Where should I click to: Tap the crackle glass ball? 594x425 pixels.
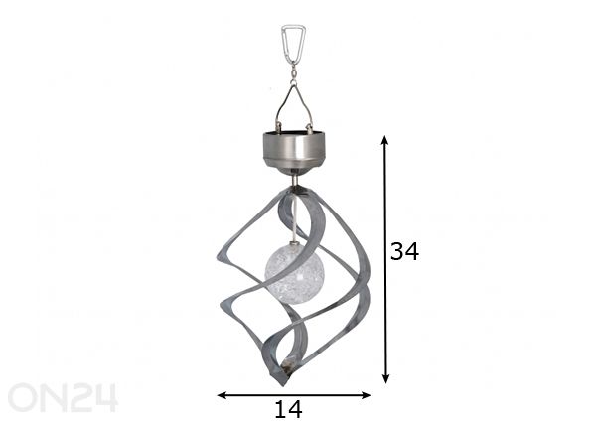pyautogui.click(x=295, y=273)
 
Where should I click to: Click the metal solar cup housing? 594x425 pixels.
pyautogui.click(x=294, y=151)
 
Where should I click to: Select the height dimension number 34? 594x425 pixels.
pyautogui.click(x=404, y=251)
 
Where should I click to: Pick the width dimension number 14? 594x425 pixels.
pyautogui.click(x=288, y=409)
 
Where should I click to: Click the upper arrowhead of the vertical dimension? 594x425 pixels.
pyautogui.click(x=384, y=140)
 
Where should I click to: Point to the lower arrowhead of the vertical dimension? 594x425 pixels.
pyautogui.click(x=385, y=378)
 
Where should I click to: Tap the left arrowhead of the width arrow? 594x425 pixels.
pyautogui.click(x=222, y=395)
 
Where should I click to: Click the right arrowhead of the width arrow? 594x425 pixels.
pyautogui.click(x=366, y=395)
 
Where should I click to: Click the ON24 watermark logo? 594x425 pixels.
pyautogui.click(x=63, y=398)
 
